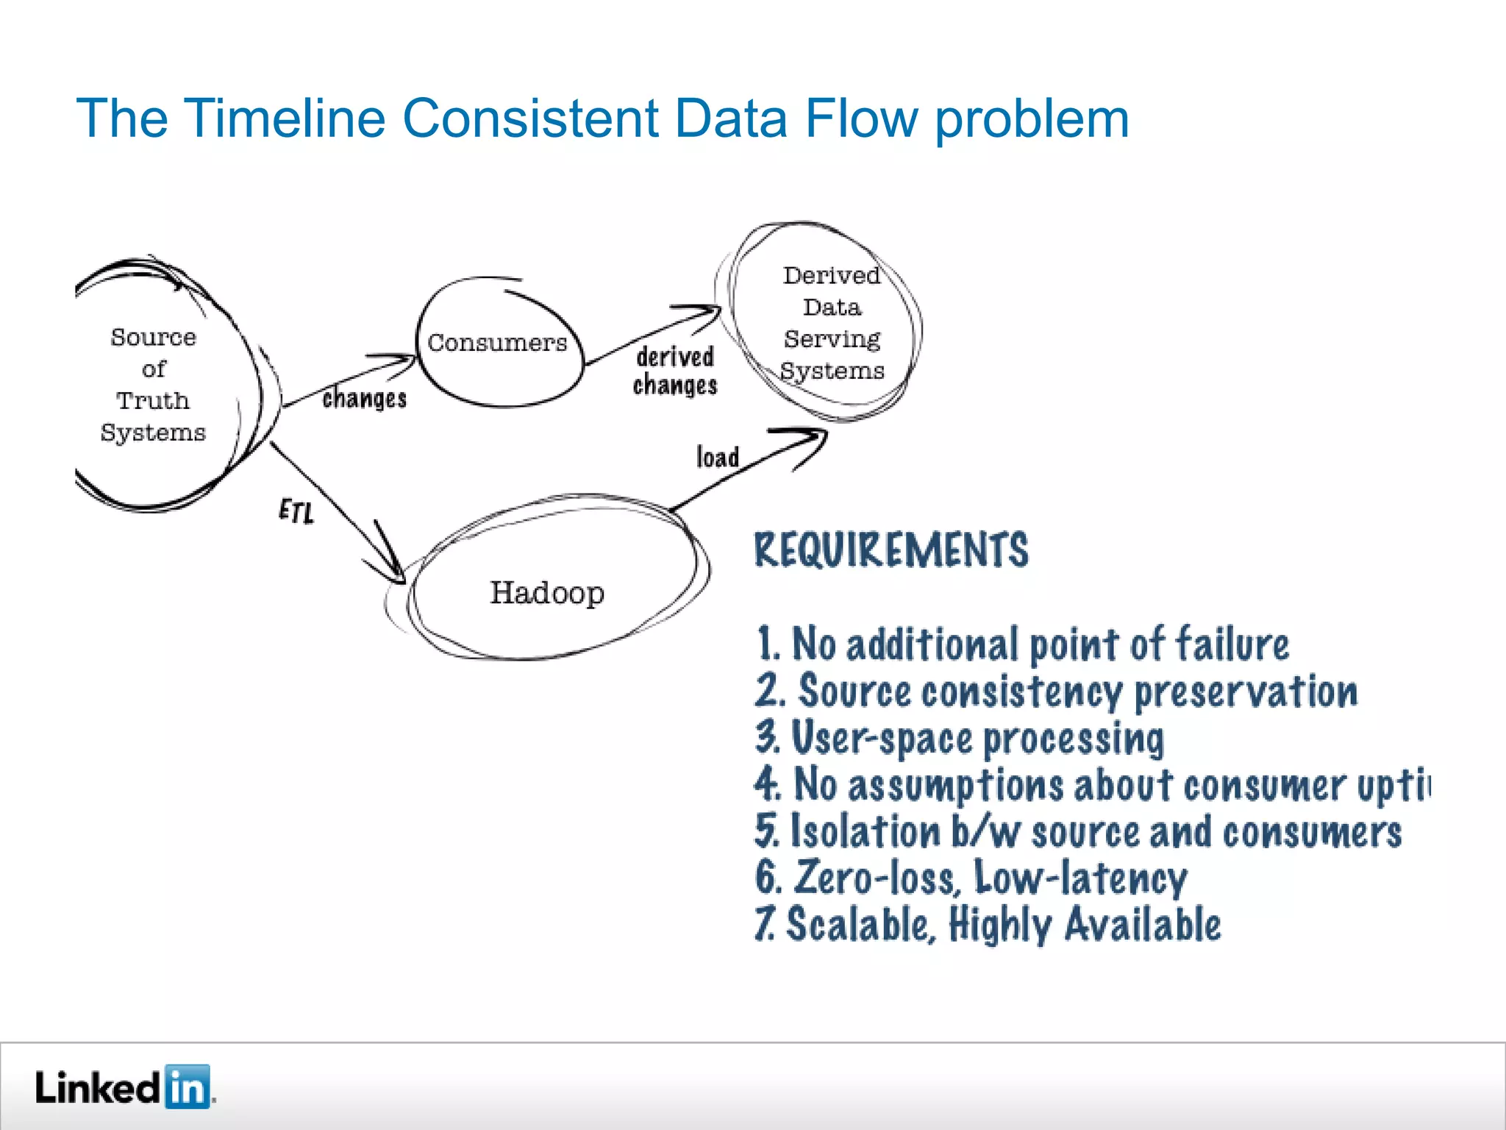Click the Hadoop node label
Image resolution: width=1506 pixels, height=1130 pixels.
click(x=547, y=593)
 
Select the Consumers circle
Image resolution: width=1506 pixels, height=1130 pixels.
click(x=499, y=343)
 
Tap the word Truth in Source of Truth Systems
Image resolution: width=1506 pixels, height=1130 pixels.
click(x=153, y=401)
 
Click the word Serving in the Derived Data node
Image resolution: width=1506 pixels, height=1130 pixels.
click(x=832, y=339)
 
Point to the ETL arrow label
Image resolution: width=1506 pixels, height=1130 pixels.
click(x=296, y=511)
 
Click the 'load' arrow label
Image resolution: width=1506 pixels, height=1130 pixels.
click(x=717, y=457)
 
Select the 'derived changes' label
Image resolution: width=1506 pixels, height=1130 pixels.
click(x=675, y=372)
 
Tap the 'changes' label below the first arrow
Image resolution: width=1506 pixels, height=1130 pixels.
click(x=364, y=399)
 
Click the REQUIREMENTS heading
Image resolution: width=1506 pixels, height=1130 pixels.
click(x=891, y=550)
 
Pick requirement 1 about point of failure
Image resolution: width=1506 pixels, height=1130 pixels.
click(x=1022, y=644)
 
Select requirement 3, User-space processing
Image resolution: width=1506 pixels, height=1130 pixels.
click(x=960, y=738)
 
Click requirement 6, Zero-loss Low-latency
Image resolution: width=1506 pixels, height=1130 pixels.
click(x=971, y=878)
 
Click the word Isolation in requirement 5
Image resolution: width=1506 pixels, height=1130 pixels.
click(x=866, y=832)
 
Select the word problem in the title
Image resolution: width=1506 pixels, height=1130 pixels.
click(x=1032, y=119)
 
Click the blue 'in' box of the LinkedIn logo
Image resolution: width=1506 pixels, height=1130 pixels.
click(x=188, y=1087)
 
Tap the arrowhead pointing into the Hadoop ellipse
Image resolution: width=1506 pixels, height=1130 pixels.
click(x=393, y=570)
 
